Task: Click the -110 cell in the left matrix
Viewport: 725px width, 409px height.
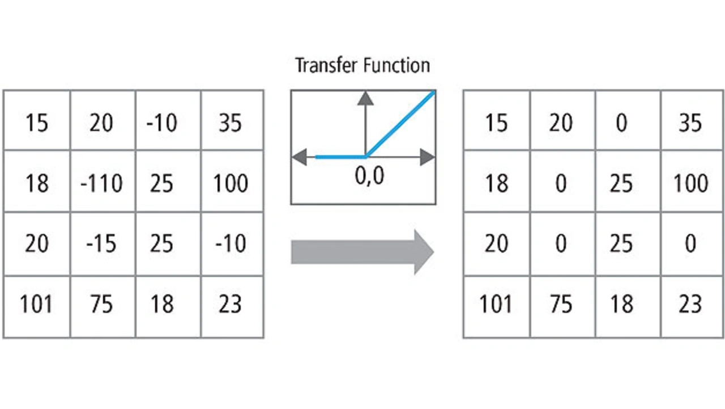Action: [x=103, y=183]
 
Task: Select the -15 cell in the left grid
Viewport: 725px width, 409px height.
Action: [x=103, y=244]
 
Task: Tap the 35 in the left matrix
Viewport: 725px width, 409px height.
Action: [x=230, y=122]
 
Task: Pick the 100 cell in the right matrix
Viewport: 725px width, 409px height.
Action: [x=690, y=183]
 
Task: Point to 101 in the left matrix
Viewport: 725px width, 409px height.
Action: [x=37, y=305]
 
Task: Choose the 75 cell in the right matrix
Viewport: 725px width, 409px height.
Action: [x=561, y=305]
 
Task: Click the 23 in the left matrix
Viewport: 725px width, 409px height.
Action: [x=230, y=305]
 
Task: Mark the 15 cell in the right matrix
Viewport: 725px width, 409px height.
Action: [x=497, y=122]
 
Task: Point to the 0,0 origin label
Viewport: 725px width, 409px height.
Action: [x=369, y=176]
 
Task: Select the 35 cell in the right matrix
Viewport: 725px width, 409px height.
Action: [x=690, y=122]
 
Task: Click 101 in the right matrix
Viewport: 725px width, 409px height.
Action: [x=497, y=305]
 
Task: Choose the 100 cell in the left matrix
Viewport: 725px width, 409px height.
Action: [x=230, y=183]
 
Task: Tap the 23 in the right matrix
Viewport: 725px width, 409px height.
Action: [x=690, y=305]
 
